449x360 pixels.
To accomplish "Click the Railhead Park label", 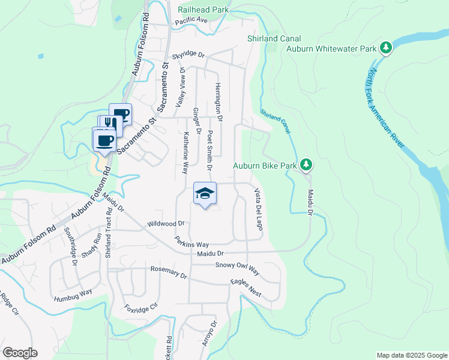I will click(x=203, y=10).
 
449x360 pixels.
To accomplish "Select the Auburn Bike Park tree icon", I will click(x=306, y=164).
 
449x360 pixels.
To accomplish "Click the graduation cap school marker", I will click(x=205, y=193).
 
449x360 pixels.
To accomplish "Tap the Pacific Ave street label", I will click(x=191, y=20).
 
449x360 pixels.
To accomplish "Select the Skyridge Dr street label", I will click(x=188, y=56).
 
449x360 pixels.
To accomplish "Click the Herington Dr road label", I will click(x=219, y=102).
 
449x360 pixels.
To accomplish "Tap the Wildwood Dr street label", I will click(x=166, y=224).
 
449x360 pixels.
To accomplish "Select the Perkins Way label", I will click(x=191, y=244).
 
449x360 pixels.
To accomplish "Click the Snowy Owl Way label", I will click(x=237, y=268).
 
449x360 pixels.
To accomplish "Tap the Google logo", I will click(x=20, y=353).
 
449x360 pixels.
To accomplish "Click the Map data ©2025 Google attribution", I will click(x=411, y=355).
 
